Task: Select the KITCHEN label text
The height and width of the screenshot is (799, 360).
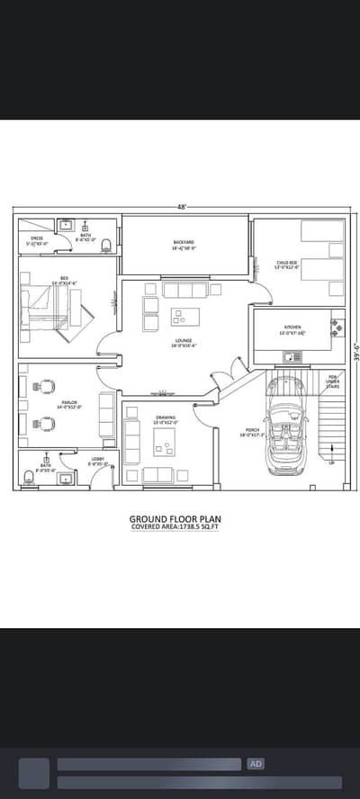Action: point(292,329)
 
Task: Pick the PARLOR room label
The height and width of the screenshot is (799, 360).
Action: point(70,406)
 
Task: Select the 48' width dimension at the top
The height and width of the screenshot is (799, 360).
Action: point(181,207)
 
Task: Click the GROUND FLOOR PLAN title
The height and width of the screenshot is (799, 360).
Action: point(175,518)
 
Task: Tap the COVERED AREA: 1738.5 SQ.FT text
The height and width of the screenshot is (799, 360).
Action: point(175,527)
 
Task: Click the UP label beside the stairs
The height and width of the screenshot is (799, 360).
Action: point(330,462)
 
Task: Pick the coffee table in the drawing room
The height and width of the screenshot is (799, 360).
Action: point(165,441)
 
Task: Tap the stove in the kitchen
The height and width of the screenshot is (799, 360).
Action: point(336,325)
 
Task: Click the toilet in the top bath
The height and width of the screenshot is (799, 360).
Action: point(106,243)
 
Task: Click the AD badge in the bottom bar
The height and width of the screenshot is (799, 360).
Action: point(256,764)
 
